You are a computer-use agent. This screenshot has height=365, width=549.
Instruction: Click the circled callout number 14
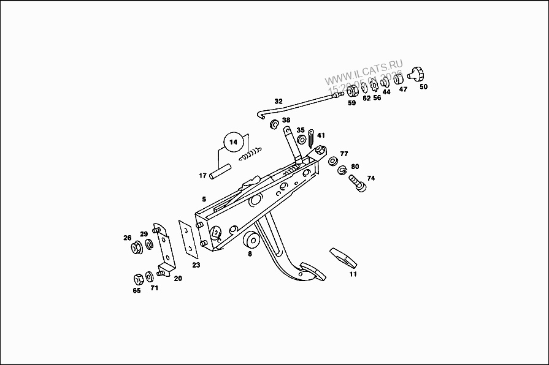tap(233, 142)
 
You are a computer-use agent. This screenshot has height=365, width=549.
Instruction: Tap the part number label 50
tap(423, 87)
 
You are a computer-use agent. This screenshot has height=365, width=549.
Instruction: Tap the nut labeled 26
tap(136, 249)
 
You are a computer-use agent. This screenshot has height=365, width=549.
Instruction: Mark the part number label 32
tap(278, 101)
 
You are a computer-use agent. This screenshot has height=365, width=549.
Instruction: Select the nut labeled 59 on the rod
tap(352, 92)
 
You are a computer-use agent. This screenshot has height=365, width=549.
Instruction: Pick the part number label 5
tap(204, 200)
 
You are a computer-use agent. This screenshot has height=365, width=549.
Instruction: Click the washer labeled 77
tap(332, 161)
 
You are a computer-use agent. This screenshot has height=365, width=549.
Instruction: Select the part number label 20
tap(178, 278)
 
